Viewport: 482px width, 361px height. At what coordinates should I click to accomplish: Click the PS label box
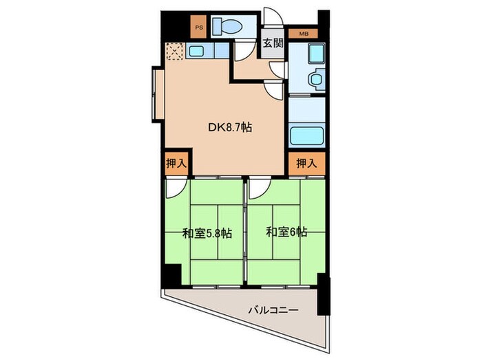pos(198,27)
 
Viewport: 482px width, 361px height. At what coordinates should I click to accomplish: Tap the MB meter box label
pos(304,34)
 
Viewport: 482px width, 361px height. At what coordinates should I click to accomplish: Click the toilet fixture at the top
pos(227,26)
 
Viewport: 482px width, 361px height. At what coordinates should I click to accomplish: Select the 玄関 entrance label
pos(273,43)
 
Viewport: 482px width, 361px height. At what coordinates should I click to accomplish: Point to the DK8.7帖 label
pos(230,127)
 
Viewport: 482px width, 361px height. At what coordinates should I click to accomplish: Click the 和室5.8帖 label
pos(207,234)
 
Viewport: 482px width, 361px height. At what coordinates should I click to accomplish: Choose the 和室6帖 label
pos(286,232)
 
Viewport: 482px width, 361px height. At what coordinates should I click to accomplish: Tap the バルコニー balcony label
pos(273,310)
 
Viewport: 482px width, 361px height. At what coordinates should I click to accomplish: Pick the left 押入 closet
pos(176,164)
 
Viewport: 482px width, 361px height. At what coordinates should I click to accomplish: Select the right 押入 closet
pos(307,164)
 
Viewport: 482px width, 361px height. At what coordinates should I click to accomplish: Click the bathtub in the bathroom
pos(307,135)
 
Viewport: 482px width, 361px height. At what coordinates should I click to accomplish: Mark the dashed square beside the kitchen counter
pos(175,51)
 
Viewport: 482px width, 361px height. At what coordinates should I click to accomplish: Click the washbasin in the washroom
pos(316,78)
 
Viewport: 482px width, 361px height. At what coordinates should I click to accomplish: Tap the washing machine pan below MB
pos(316,54)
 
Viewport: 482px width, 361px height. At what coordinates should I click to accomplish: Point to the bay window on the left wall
pos(158,94)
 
